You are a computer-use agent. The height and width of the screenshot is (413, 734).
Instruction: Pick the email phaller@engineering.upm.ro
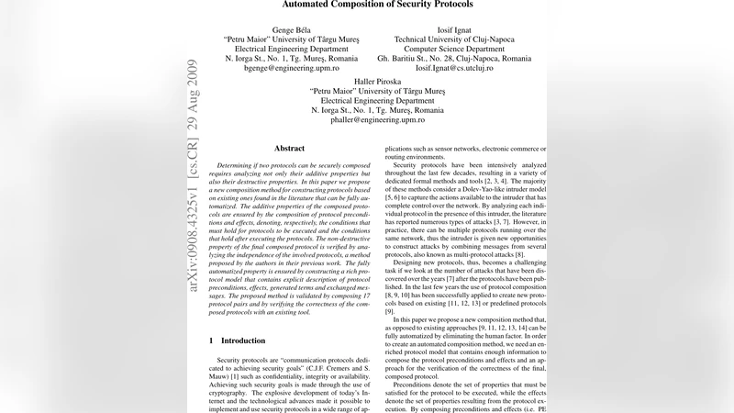click(x=377, y=120)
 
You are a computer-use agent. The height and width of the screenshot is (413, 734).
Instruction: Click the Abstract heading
click(x=289, y=148)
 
